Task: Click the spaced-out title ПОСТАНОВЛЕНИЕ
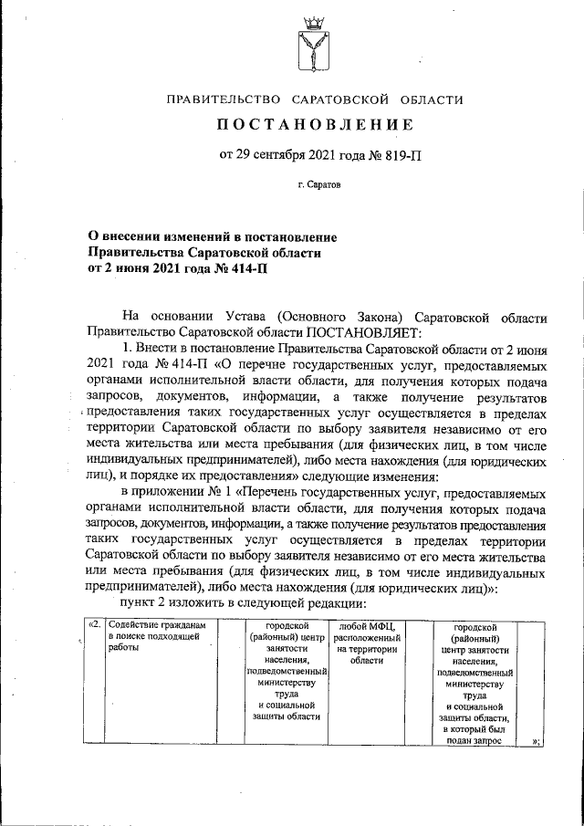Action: click(x=315, y=124)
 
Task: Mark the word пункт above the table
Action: click(x=141, y=604)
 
